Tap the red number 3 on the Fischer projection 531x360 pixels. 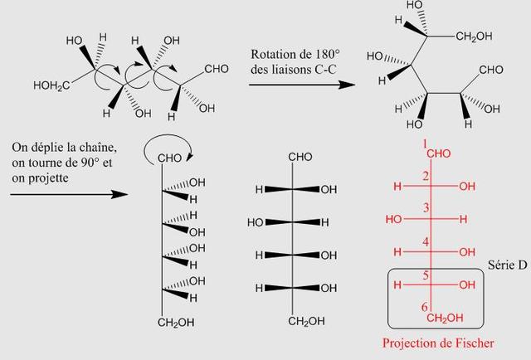424,207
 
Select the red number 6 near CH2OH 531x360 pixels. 424,307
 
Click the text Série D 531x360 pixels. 504,263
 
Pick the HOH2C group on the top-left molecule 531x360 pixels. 51,85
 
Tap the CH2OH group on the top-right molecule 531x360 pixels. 473,36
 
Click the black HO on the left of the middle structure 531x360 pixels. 256,222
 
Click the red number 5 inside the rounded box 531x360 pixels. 424,274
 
